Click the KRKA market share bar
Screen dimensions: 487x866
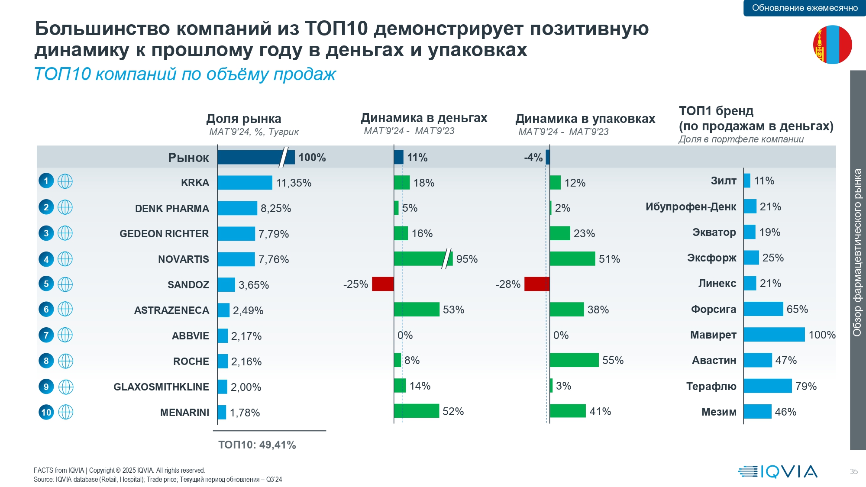coord(245,183)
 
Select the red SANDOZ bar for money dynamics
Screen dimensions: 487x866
coord(383,284)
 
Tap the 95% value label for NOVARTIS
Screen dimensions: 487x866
coord(467,259)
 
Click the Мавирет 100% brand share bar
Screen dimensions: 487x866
coord(774,335)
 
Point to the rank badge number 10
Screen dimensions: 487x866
coord(46,412)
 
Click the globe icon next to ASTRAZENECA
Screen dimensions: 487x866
coord(65,309)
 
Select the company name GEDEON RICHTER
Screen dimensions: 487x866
coord(164,234)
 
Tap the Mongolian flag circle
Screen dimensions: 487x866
coord(832,45)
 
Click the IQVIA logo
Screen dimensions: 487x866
coord(778,471)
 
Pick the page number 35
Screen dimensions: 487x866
coord(853,471)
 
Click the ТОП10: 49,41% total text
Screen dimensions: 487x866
coord(257,445)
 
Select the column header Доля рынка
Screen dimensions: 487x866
coord(244,119)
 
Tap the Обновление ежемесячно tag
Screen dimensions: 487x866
coord(805,8)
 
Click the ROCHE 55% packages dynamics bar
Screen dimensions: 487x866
coord(574,360)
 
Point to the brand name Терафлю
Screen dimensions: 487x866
coord(711,386)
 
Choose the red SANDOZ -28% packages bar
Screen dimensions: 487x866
coord(537,284)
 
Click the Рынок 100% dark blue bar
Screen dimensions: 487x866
coord(255,157)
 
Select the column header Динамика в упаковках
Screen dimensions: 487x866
coord(585,119)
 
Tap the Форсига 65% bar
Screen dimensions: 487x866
coord(763,309)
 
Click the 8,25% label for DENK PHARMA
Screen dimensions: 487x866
coord(276,208)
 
